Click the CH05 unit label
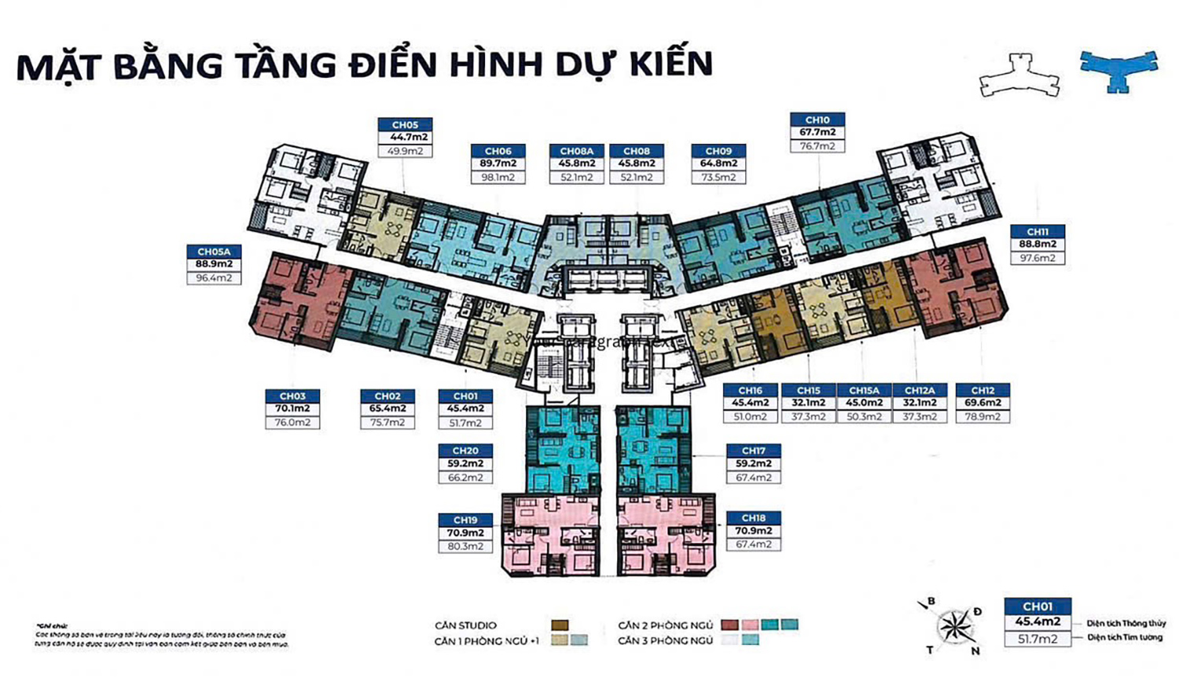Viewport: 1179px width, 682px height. pyautogui.click(x=405, y=124)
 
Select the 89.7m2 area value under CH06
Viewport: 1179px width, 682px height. pyautogui.click(x=498, y=164)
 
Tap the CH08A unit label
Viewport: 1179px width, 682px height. pyautogui.click(x=576, y=151)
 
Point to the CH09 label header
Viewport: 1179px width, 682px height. pyautogui.click(x=718, y=151)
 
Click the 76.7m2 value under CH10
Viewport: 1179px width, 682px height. pyautogui.click(x=817, y=146)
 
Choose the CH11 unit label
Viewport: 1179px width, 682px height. pyautogui.click(x=1038, y=232)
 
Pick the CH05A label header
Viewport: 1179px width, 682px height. pyautogui.click(x=214, y=252)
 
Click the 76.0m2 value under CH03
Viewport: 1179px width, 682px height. pyautogui.click(x=292, y=422)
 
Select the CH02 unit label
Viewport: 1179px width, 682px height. pyautogui.click(x=387, y=396)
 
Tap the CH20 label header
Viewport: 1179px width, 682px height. pyautogui.click(x=465, y=451)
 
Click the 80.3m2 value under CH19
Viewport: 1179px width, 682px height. pyautogui.click(x=465, y=546)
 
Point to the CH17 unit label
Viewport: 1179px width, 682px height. pyautogui.click(x=753, y=451)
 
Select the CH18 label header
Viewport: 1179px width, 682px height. pyautogui.click(x=753, y=518)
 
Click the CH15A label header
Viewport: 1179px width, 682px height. pyautogui.click(x=864, y=390)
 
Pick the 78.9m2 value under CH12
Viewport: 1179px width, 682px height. pyautogui.click(x=982, y=417)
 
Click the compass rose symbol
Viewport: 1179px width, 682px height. pyautogui.click(x=953, y=626)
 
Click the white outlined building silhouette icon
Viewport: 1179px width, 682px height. pyautogui.click(x=1019, y=75)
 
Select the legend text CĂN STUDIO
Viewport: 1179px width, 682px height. pyautogui.click(x=465, y=625)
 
